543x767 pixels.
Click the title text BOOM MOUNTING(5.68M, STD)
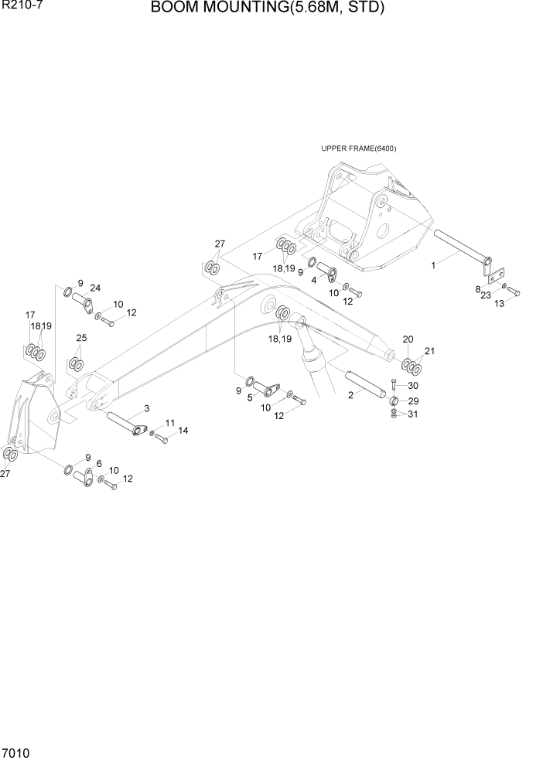267,9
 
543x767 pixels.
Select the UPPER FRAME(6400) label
358,149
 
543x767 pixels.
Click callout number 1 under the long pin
433,265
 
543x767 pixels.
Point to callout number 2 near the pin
351,395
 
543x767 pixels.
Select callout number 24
94,288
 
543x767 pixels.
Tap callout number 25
81,338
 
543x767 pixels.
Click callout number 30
413,386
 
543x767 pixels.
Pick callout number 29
413,401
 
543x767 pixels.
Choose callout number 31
413,414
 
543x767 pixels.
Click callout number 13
499,304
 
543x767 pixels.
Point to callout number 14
183,430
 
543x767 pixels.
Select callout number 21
429,351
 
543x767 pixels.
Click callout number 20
408,339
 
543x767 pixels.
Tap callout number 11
170,422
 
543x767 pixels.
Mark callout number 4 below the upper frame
313,280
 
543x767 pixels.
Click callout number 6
99,464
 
